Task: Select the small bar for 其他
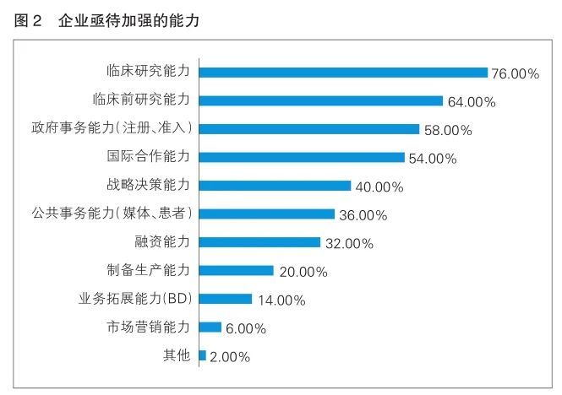(x=202, y=355)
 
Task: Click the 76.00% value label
(x=516, y=74)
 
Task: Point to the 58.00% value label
(x=447, y=131)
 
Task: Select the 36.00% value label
(x=363, y=215)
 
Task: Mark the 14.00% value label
(x=281, y=300)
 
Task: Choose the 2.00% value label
(x=230, y=356)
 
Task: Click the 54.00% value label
(x=433, y=159)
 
